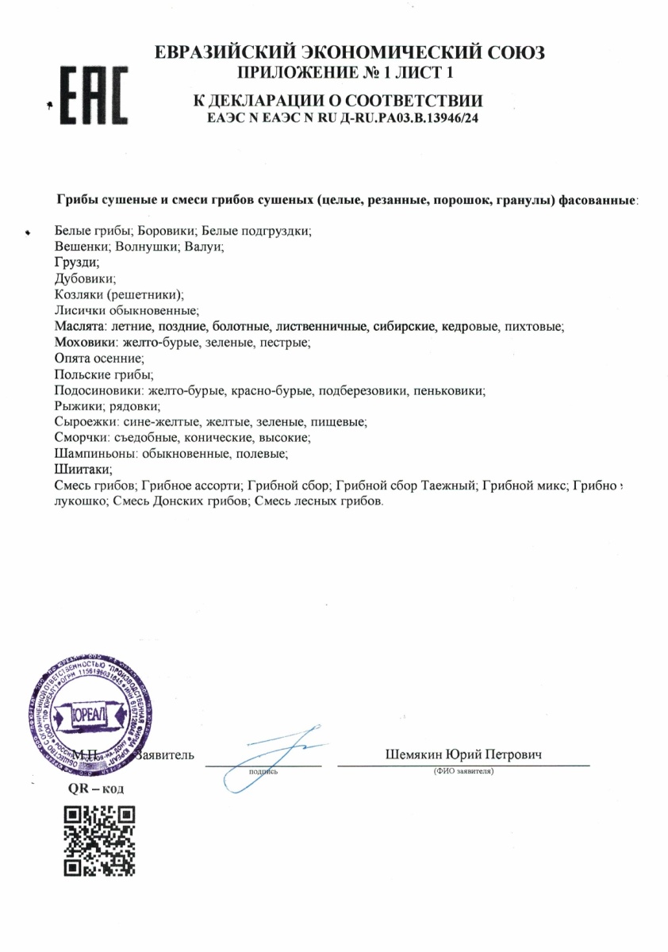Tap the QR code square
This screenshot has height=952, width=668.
point(98,840)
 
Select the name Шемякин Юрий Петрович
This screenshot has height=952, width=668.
point(463,754)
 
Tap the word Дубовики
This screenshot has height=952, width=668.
point(86,278)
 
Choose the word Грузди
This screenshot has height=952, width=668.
point(77,263)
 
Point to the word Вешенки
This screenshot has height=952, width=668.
point(81,247)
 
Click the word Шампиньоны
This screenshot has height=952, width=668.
point(91,454)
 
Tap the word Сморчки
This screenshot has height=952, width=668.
point(80,438)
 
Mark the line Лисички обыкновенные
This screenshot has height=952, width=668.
point(125,310)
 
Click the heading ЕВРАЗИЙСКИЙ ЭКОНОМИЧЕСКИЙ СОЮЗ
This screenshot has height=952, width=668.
point(350,53)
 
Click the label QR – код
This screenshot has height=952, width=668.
point(96,789)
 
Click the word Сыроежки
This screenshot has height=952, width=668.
point(85,422)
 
